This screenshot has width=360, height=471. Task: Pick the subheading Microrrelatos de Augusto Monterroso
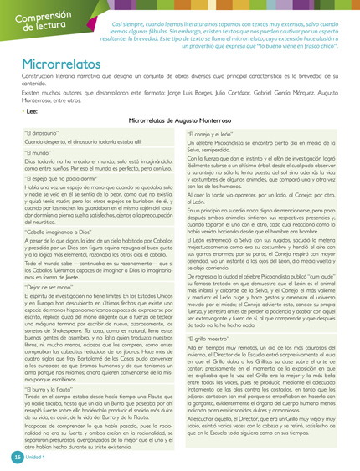tap(180, 120)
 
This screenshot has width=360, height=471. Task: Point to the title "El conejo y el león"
tap(219, 133)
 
